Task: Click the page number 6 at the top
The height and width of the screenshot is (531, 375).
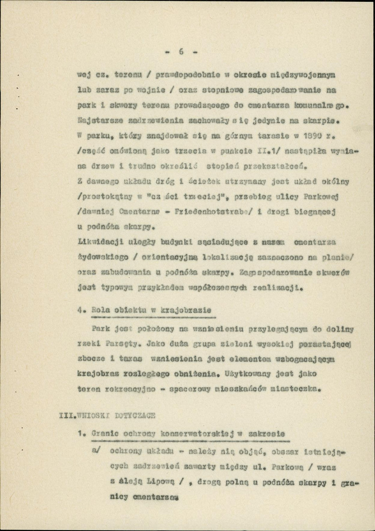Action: coord(181,51)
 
